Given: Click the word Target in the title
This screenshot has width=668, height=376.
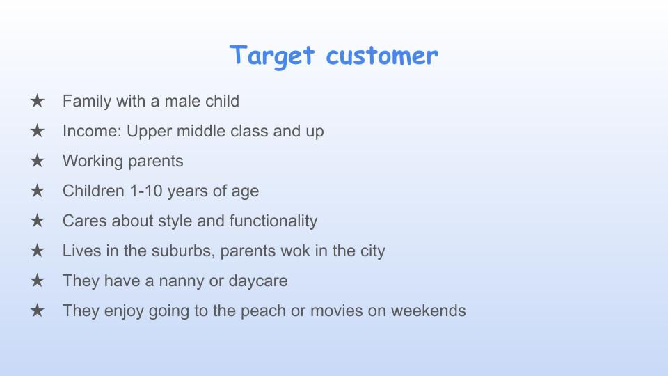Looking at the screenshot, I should (x=273, y=55).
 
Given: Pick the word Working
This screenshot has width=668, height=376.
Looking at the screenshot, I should (x=93, y=161).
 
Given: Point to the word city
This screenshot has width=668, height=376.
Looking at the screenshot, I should (x=369, y=251).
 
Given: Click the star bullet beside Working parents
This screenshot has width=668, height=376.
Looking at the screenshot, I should (x=38, y=161).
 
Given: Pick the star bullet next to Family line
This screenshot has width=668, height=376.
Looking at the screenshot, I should (x=38, y=101).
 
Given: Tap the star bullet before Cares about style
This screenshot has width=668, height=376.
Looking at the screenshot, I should (x=38, y=221).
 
